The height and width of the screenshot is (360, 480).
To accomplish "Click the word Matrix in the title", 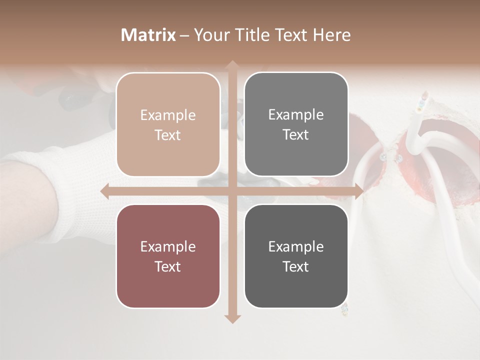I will coord(148,35).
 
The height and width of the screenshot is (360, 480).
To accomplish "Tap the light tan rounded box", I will coord(168,124).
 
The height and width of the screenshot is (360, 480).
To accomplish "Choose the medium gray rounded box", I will coord(296,124).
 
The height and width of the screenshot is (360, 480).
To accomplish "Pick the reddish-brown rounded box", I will coord(168,256).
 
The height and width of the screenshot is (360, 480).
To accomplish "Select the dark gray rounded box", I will coord(296,256).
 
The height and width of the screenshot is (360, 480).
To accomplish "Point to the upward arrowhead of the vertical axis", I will coord(231,65).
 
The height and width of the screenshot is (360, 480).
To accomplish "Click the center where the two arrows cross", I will coord(231,191).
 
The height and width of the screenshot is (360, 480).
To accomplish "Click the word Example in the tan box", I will coord(168,115).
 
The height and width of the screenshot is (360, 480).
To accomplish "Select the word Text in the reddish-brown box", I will coord(168,266).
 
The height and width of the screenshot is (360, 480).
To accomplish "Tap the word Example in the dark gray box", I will coord(296,246).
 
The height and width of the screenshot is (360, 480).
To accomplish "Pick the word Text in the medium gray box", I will coord(296,135).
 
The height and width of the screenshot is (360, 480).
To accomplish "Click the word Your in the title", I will coord(207,35).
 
